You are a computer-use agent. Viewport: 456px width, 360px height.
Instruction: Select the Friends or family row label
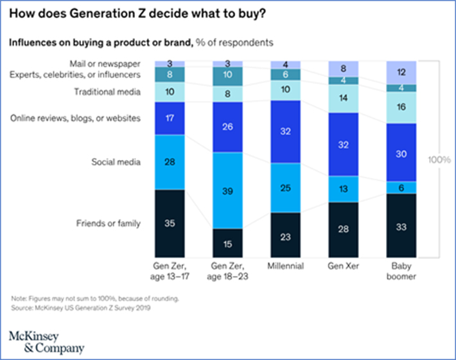[x=108, y=223]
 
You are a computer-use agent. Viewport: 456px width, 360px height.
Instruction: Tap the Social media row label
[x=116, y=161]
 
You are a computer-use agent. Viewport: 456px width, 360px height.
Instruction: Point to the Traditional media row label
[x=106, y=92]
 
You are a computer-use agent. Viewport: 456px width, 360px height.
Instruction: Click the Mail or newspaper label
[x=105, y=63]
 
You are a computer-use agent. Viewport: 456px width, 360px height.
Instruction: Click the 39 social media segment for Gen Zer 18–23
[x=226, y=190]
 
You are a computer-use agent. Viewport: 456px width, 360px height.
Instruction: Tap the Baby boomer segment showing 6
[x=402, y=187]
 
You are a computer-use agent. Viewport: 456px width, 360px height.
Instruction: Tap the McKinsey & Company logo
[x=46, y=342]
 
